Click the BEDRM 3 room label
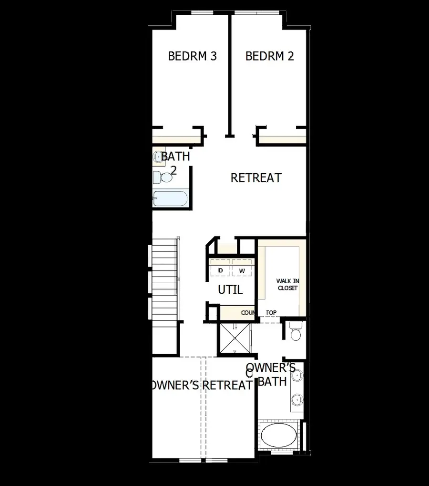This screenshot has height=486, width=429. click(192, 56)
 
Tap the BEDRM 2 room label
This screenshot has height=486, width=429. click(269, 56)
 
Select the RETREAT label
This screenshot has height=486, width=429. click(256, 178)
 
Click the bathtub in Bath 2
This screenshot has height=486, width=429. click(170, 198)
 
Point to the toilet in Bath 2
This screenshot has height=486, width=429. click(163, 178)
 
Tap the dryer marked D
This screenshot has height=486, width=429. click(220, 271)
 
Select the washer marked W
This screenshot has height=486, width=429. click(242, 271)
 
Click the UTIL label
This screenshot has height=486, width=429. click(230, 289)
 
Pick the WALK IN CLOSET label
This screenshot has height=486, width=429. click(287, 285)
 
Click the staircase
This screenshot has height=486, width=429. click(164, 281)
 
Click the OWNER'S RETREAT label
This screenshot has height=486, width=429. click(200, 385)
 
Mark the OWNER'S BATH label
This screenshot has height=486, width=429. click(271, 374)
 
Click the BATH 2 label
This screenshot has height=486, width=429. click(174, 163)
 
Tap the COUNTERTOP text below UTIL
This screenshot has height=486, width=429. click(258, 313)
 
